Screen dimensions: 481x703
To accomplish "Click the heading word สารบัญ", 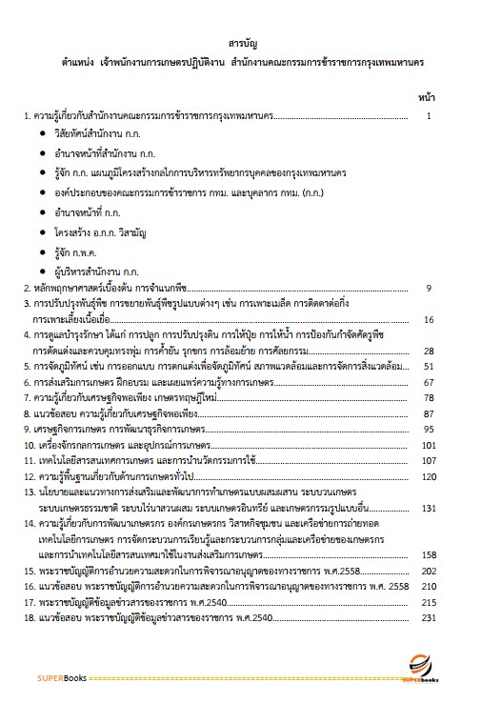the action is [x=240, y=44].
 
